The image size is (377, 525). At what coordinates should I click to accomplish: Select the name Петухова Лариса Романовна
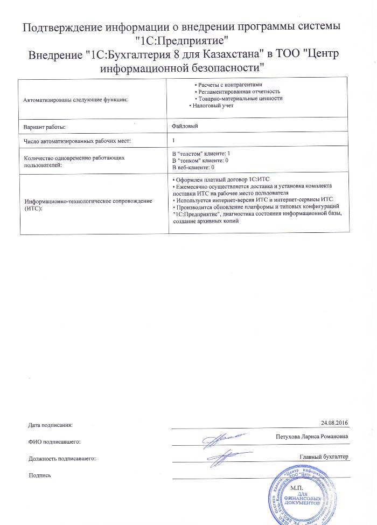tap(311, 436)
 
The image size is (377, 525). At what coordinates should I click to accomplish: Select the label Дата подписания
tap(50, 425)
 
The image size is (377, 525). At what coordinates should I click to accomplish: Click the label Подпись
tap(39, 475)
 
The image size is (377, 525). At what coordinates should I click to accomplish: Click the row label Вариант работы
tap(45, 127)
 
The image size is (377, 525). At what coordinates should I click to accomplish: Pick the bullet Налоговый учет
tap(211, 106)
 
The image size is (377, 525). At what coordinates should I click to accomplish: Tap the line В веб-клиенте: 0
tap(193, 168)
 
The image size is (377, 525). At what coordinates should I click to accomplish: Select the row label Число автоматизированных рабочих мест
tap(78, 141)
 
